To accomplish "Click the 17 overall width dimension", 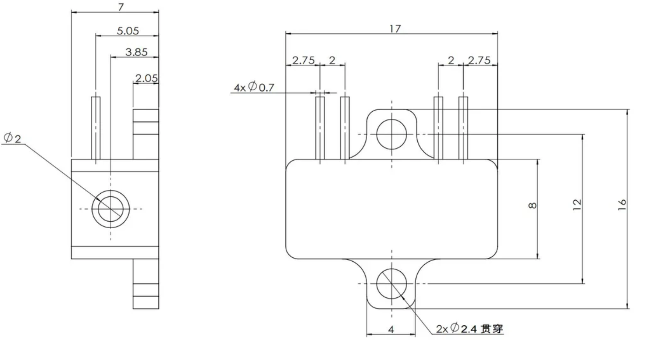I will [x=395, y=29].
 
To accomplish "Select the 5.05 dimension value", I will [x=128, y=31].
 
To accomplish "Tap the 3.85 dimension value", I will [x=137, y=52].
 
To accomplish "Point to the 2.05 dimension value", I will [x=146, y=78].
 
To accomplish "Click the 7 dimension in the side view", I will [x=121, y=7].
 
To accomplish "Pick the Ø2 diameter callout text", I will [x=12, y=138].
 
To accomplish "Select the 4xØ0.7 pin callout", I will [x=254, y=86].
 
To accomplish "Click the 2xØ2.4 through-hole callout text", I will [x=469, y=328].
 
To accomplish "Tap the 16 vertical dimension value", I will [x=622, y=204].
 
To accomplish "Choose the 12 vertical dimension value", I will [x=577, y=204].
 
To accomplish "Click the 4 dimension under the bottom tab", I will [x=391, y=330].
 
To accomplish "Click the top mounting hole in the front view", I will [x=391, y=134].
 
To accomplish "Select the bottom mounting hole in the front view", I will [x=391, y=284].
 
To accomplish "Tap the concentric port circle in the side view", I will [x=111, y=209].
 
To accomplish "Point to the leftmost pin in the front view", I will [x=320, y=128].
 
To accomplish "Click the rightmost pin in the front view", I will [x=463, y=128].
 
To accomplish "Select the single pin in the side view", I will [x=96, y=128].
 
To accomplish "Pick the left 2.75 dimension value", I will [x=303, y=60].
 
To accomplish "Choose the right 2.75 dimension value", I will [x=479, y=60].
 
